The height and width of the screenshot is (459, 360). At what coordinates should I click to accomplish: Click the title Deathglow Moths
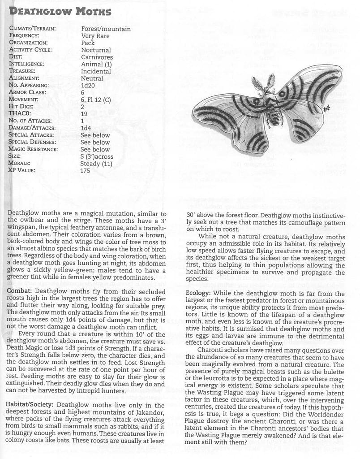click(60, 11)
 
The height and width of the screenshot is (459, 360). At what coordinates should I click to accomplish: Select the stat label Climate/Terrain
click(32, 29)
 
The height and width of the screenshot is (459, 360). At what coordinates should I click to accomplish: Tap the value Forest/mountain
click(106, 29)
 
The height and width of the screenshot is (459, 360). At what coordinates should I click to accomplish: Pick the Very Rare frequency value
click(95, 36)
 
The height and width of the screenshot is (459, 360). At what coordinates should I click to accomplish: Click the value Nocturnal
click(95, 50)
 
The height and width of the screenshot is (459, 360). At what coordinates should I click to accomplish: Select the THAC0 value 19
click(85, 114)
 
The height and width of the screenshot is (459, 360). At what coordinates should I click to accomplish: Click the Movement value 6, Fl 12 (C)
click(95, 100)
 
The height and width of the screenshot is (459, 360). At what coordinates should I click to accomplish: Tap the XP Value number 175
click(85, 170)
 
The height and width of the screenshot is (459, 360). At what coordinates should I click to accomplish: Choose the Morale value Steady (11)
click(96, 163)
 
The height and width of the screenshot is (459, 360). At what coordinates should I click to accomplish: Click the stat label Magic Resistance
click(33, 149)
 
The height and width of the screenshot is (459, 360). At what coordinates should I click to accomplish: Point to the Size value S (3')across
click(97, 156)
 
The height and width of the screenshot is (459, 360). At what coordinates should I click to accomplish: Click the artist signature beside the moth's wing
click(326, 108)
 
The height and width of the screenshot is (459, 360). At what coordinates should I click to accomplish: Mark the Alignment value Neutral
click(92, 78)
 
